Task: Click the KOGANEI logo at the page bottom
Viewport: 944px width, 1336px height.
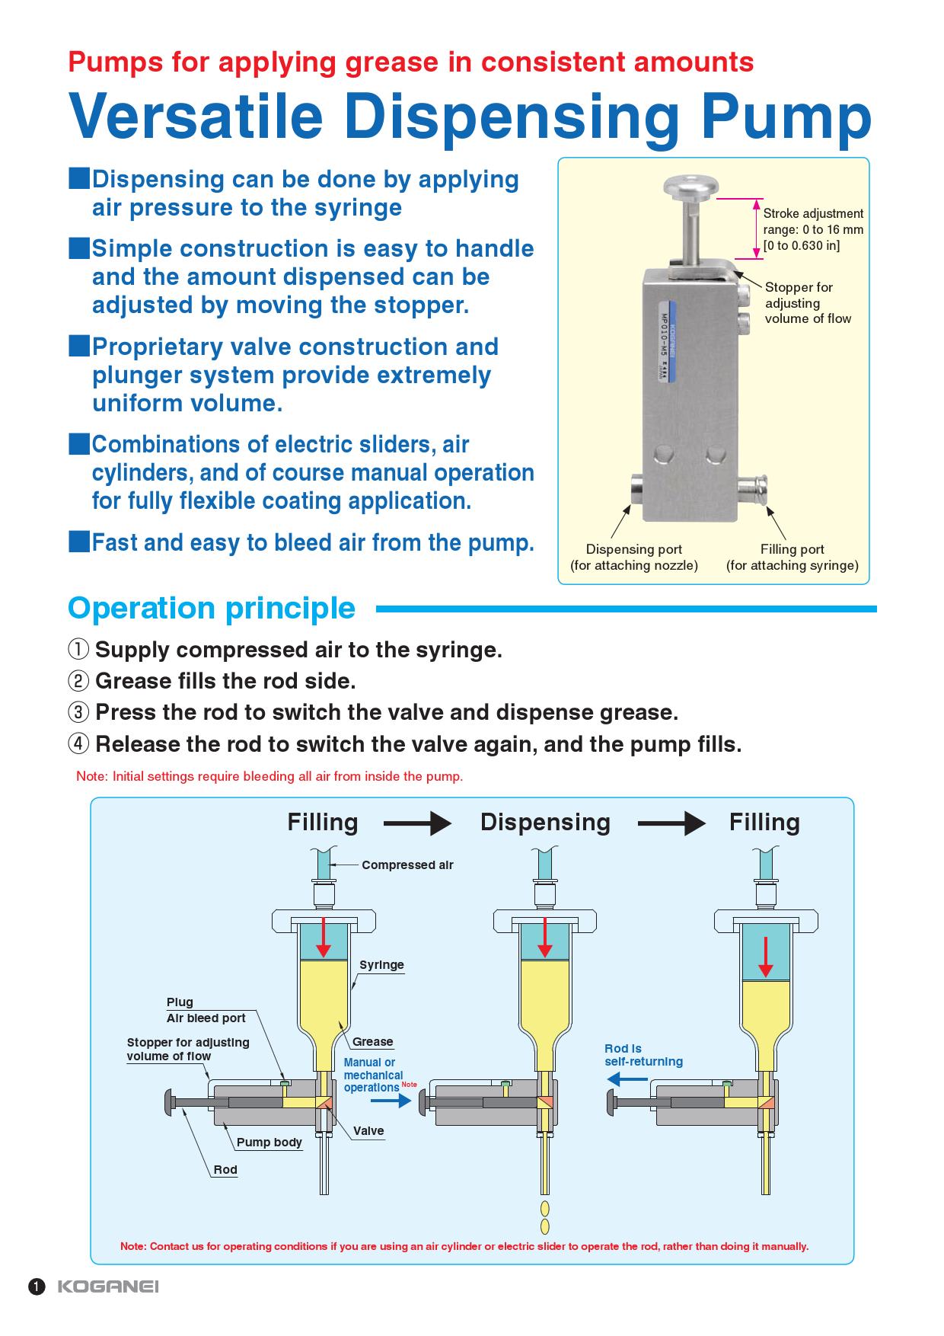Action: [108, 1286]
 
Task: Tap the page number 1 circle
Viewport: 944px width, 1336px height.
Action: [37, 1286]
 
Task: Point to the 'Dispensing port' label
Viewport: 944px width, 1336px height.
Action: [633, 549]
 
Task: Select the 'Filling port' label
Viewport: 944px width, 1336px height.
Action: [792, 549]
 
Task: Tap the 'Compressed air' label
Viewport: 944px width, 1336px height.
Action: [407, 865]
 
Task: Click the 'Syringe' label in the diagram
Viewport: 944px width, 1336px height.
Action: [381, 965]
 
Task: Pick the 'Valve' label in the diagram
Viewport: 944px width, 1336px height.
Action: [368, 1131]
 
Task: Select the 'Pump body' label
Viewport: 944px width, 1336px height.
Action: [269, 1143]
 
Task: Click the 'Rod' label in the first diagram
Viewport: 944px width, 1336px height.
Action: [225, 1170]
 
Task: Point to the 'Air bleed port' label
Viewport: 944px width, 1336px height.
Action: [206, 1018]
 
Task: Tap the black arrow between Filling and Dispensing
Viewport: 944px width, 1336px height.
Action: [418, 823]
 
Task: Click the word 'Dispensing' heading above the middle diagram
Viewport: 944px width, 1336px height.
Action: [545, 823]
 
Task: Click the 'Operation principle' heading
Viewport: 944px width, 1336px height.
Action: [212, 608]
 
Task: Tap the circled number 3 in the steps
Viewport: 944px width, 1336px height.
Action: [78, 712]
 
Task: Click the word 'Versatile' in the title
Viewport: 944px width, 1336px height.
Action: [196, 117]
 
